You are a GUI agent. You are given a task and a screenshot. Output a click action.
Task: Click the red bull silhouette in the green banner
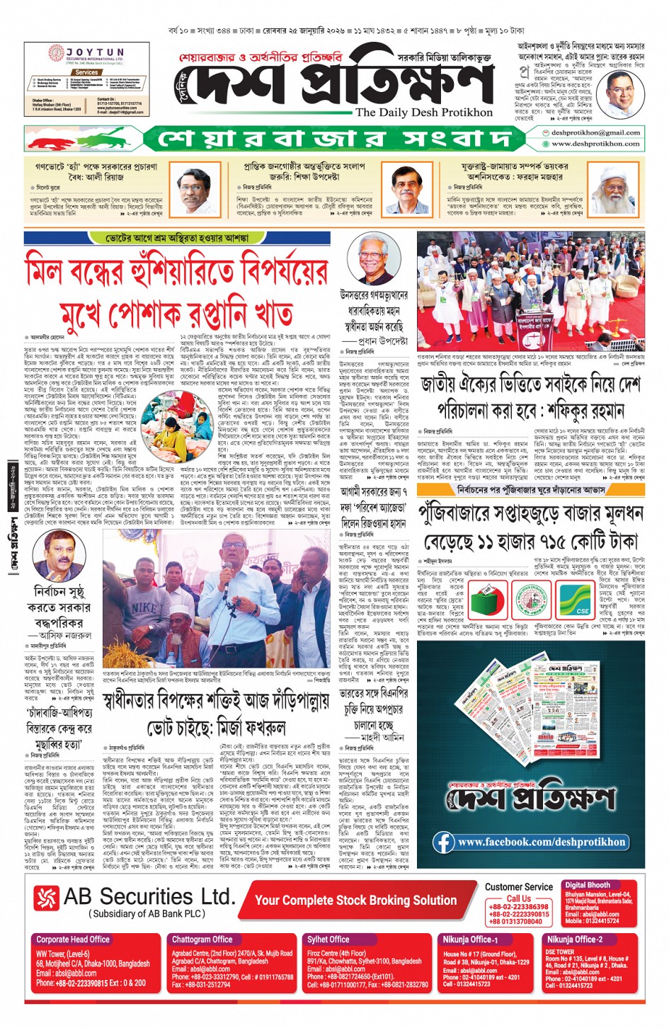(x=65, y=139)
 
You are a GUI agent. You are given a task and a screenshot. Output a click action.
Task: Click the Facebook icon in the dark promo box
(x=444, y=842)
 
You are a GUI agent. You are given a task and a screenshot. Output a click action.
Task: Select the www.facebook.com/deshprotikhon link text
(x=542, y=842)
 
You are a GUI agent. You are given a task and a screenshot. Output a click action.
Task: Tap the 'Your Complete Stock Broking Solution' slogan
(x=355, y=900)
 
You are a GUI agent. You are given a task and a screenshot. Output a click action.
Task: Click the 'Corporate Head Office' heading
(x=73, y=940)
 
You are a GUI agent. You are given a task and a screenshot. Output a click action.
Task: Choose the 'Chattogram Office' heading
(x=202, y=940)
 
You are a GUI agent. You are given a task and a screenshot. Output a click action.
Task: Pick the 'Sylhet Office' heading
(x=328, y=940)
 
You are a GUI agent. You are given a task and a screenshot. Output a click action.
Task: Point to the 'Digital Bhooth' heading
(x=587, y=885)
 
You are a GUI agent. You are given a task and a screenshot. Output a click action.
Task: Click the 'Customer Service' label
(x=518, y=886)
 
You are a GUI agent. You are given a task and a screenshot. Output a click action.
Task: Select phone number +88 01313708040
(x=515, y=921)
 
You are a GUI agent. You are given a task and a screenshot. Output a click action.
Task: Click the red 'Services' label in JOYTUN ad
(x=86, y=72)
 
